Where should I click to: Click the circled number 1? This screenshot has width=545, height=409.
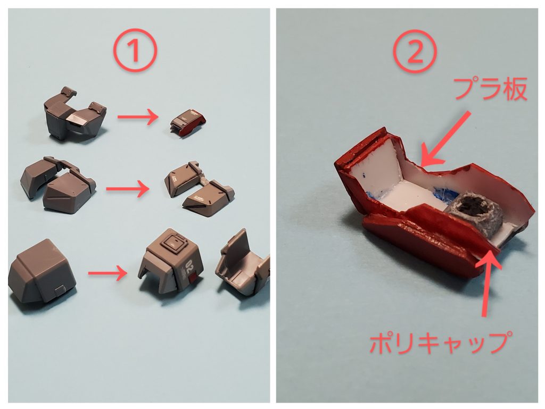point(135,52)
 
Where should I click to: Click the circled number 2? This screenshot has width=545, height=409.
point(415,52)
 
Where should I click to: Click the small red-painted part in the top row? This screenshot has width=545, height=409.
point(188,123)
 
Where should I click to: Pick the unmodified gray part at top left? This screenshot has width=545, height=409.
point(75,114)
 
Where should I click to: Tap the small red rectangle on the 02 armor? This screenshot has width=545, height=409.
point(193,276)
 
